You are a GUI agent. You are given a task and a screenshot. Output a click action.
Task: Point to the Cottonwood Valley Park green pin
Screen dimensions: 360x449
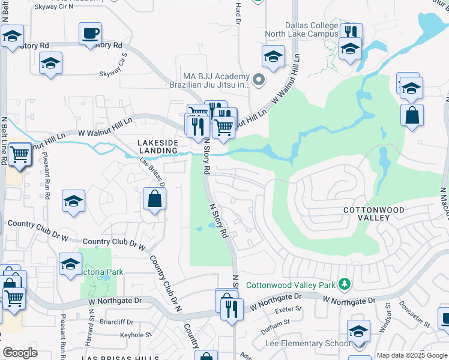(x=345, y=283)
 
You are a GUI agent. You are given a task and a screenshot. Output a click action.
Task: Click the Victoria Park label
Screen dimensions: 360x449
(x=103, y=272)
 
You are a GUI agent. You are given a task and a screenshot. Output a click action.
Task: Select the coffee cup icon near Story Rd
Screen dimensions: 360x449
(x=90, y=33)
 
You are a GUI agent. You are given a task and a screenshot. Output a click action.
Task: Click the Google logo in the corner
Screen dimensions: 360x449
(x=20, y=353)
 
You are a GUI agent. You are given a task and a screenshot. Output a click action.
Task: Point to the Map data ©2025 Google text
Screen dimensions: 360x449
(x=412, y=355)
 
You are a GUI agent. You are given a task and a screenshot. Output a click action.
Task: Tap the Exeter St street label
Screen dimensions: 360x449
(x=287, y=310)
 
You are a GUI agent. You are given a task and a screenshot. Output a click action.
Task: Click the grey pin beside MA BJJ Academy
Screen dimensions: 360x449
(x=259, y=80)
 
